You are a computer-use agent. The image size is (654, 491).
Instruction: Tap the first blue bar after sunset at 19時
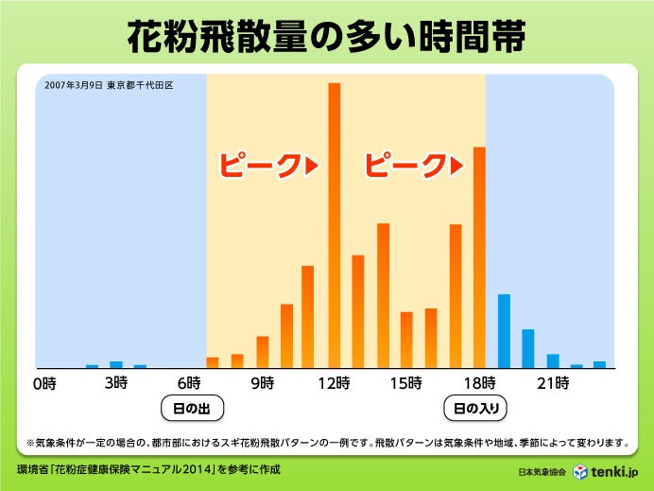pos(504,331)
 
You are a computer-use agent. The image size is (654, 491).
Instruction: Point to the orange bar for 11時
pos(309,316)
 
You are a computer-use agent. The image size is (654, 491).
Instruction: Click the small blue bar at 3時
pos(116,364)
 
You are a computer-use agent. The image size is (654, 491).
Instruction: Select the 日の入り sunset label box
pos(476,410)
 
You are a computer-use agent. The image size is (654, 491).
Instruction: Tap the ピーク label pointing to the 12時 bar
pos(268,166)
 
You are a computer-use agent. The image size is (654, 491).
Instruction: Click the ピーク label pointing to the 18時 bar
pos(415,166)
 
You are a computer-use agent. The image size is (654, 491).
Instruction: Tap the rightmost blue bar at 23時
pos(599,364)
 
